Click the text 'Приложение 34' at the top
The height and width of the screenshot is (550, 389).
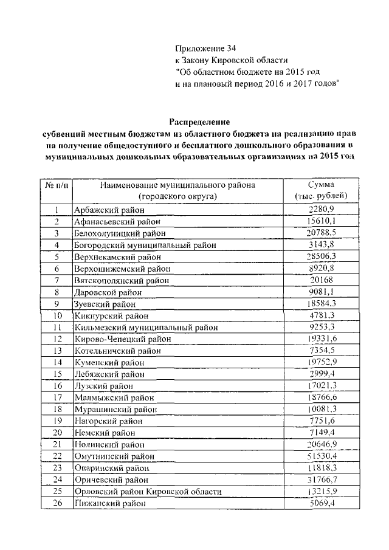coord(204,48)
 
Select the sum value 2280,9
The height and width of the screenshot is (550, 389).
coord(322,210)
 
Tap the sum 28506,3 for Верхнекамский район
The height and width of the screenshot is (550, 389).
coord(322,256)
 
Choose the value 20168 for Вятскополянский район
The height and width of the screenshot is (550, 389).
coord(322,280)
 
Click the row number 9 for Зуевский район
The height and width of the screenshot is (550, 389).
coord(57,303)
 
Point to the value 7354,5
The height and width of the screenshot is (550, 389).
coord(322,351)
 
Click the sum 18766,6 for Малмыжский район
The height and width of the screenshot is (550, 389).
coord(322,397)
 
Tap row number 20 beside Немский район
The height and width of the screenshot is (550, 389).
coord(57,433)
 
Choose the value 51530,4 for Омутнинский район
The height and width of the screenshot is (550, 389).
coord(322,456)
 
